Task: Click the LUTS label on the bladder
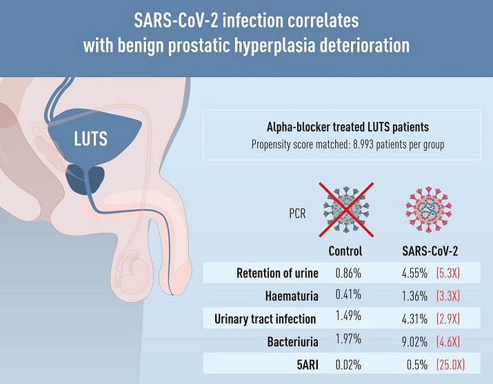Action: click(x=90, y=139)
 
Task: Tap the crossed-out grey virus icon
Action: click(x=346, y=210)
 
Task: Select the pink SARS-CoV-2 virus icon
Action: click(x=429, y=210)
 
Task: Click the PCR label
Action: click(x=297, y=213)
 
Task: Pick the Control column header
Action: click(x=345, y=251)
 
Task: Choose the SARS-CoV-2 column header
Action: click(x=430, y=251)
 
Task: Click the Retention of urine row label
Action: click(x=277, y=273)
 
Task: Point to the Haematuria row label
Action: click(x=292, y=296)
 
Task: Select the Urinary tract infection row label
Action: click(x=265, y=319)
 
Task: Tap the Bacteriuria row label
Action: click(x=293, y=341)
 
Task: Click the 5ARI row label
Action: click(x=308, y=365)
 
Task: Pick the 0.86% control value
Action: click(x=348, y=273)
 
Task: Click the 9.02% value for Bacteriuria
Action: click(x=414, y=342)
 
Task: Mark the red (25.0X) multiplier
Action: click(x=450, y=365)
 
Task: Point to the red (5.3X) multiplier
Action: click(x=448, y=273)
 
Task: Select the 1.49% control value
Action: click(x=348, y=316)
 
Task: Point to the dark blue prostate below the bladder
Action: click(x=85, y=179)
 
